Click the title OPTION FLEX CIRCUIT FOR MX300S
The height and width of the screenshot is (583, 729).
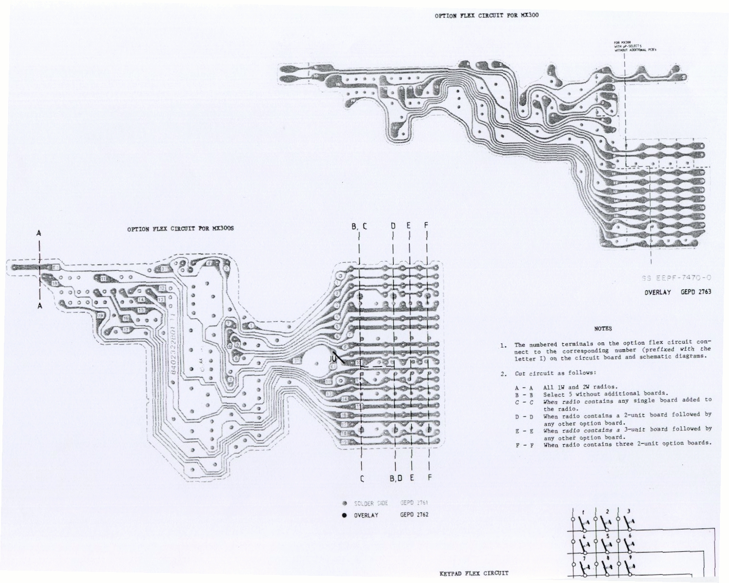point(180,229)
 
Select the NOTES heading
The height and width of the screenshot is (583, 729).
point(603,328)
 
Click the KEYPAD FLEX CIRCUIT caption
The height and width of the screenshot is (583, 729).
point(474,573)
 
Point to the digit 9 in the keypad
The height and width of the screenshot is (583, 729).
point(630,557)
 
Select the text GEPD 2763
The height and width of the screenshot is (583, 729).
point(696,292)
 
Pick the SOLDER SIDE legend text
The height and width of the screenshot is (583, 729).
point(371,503)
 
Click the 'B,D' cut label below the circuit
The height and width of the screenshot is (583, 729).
point(397,478)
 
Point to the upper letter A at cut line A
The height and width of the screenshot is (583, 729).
point(39,234)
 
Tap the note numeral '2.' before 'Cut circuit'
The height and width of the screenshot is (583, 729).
point(503,373)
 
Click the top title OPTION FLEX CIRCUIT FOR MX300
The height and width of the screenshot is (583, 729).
point(486,15)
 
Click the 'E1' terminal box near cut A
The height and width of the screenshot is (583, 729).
point(55,267)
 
